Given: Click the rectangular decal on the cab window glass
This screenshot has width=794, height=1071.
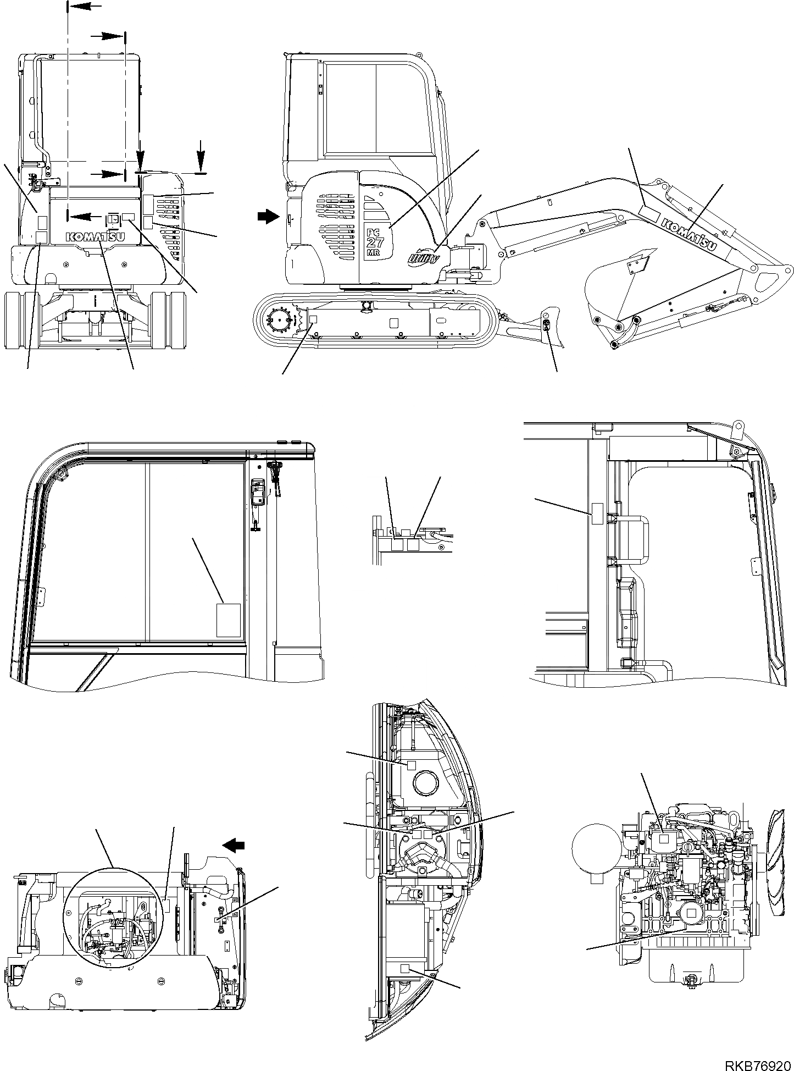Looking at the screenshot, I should pyautogui.click(x=229, y=620).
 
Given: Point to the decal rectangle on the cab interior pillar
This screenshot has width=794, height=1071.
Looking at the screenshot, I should pyautogui.click(x=597, y=512).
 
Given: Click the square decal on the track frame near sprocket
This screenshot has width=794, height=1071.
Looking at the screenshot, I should pyautogui.click(x=314, y=318).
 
